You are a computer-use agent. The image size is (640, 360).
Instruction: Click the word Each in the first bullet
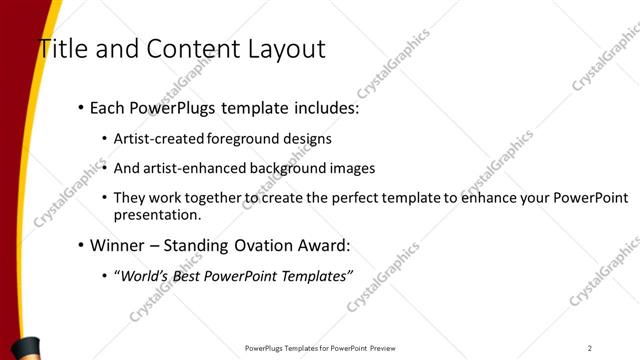coord(107,107)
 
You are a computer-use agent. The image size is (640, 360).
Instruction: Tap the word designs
coord(308,138)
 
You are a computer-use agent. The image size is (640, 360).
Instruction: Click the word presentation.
coord(158,214)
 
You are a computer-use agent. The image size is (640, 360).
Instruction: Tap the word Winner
coord(117,245)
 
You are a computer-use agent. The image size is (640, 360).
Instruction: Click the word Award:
coord(328,245)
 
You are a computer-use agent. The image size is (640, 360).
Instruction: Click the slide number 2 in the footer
coord(589,348)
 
